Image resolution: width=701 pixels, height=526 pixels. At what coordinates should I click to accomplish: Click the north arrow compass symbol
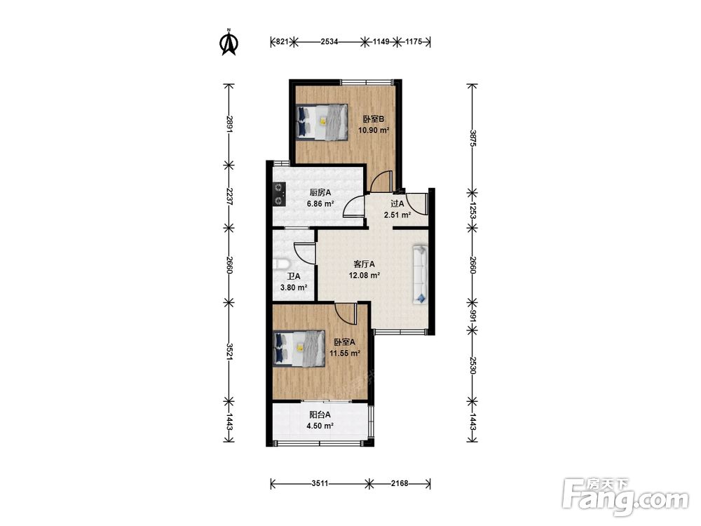[x=229, y=42]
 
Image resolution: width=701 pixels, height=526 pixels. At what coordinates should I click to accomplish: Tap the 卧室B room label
[x=374, y=119]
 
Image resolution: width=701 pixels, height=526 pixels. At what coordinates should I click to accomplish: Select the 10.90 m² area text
[x=374, y=130]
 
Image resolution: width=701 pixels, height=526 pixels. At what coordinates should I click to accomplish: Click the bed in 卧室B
[x=322, y=122]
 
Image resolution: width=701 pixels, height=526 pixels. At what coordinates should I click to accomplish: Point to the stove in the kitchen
[x=280, y=194]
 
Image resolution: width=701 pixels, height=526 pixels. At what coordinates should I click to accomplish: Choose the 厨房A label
[x=320, y=192]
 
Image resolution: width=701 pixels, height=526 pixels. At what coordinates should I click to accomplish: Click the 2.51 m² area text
[x=397, y=215]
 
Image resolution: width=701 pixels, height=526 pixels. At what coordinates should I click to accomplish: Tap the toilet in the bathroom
[x=281, y=265]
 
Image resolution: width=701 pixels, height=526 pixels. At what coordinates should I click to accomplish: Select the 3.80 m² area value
[x=293, y=288]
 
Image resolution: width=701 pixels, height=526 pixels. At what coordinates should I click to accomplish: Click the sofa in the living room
[x=420, y=274]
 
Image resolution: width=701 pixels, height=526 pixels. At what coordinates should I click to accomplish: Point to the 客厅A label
[x=364, y=264]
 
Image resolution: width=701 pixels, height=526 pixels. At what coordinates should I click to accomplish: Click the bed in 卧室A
[x=299, y=349]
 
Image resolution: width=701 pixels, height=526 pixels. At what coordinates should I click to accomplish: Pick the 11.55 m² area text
[x=345, y=353]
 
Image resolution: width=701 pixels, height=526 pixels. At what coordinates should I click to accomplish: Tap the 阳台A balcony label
[x=320, y=414]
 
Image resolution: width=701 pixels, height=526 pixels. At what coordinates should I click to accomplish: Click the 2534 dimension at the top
[x=329, y=42]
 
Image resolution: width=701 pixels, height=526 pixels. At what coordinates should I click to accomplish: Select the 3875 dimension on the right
[x=472, y=139]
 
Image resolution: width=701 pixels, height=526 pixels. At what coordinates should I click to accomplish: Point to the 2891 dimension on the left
[x=229, y=125]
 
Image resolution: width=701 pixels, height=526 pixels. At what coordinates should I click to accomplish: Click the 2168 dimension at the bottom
[x=400, y=483]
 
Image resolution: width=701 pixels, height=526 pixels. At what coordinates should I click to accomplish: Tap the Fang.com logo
[x=625, y=497]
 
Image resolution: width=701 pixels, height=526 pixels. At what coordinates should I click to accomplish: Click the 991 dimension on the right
[x=472, y=316]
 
